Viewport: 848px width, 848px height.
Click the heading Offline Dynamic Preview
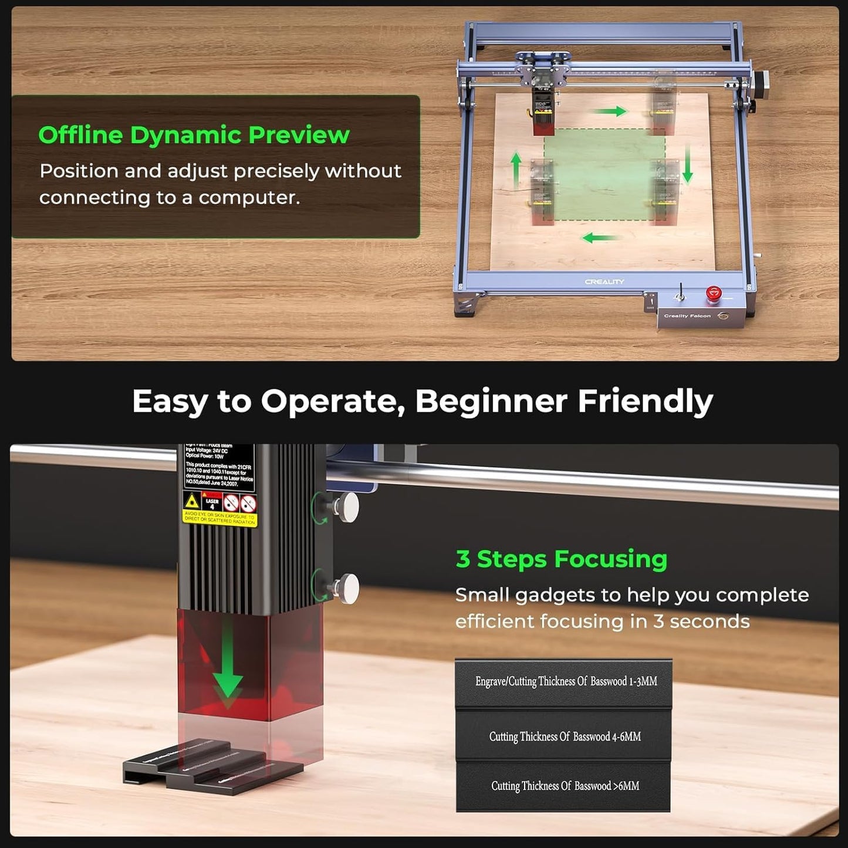[x=194, y=135]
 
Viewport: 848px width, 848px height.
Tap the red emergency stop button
[x=713, y=293]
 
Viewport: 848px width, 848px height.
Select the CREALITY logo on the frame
[x=604, y=282]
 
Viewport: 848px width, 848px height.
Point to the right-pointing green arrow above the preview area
[x=610, y=111]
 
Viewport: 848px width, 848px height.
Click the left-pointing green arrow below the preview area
[x=599, y=238]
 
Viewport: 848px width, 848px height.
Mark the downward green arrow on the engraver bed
[x=688, y=164]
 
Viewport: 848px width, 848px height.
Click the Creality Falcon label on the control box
[x=687, y=316]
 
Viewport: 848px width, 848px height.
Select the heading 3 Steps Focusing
[x=561, y=559]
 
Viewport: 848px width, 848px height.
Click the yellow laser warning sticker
[x=220, y=509]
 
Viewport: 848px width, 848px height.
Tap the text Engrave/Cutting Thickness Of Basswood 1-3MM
[x=566, y=681]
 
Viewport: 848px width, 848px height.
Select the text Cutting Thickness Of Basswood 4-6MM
[x=565, y=736]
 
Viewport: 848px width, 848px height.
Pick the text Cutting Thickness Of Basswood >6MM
[x=565, y=786]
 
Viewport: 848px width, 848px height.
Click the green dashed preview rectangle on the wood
[x=604, y=176]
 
